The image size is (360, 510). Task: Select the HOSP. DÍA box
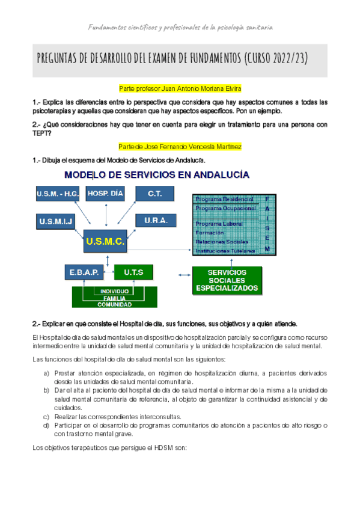pos(105,194)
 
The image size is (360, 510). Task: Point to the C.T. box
pos(153,194)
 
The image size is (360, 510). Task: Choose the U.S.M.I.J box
pos(56,221)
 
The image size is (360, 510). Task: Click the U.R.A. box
pos(156,221)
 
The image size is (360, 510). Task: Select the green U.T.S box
pos(133,272)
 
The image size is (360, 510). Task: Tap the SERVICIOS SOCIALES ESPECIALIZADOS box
pos(227,280)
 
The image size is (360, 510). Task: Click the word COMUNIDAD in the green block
pos(114,304)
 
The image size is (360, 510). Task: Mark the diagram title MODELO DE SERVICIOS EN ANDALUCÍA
pos(157,175)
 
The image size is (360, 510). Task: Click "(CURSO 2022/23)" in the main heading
pos(276,58)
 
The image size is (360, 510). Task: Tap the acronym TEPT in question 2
pos(43,134)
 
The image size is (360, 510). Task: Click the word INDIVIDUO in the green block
pos(114,291)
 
